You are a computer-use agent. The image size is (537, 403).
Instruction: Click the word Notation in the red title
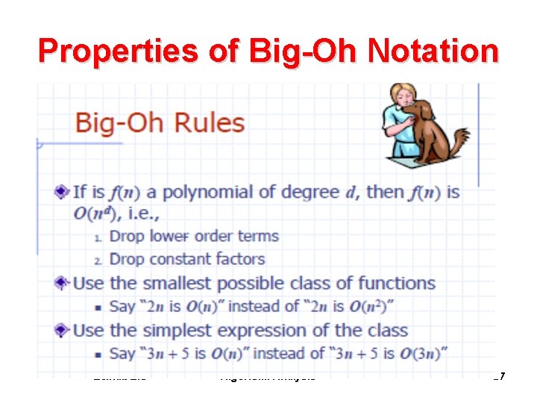431,52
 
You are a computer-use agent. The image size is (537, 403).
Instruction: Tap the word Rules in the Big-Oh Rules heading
209,122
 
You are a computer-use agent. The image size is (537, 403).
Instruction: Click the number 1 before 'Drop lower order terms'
100,237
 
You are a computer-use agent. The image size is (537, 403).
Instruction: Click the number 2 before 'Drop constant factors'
100,260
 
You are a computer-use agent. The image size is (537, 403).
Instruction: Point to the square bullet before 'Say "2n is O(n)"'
98,307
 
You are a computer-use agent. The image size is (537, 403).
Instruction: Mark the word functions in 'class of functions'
396,284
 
